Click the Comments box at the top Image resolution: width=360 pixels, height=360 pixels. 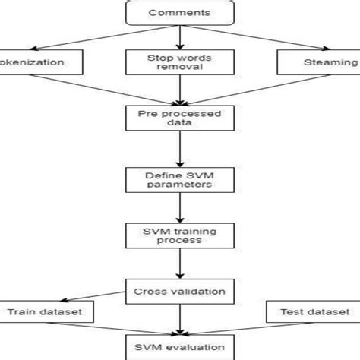(179, 13)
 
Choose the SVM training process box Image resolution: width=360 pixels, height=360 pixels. (179, 234)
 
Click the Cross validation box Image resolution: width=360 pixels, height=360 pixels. (179, 289)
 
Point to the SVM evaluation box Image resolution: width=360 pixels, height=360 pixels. (179, 347)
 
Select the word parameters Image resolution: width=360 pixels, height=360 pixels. (179, 188)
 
